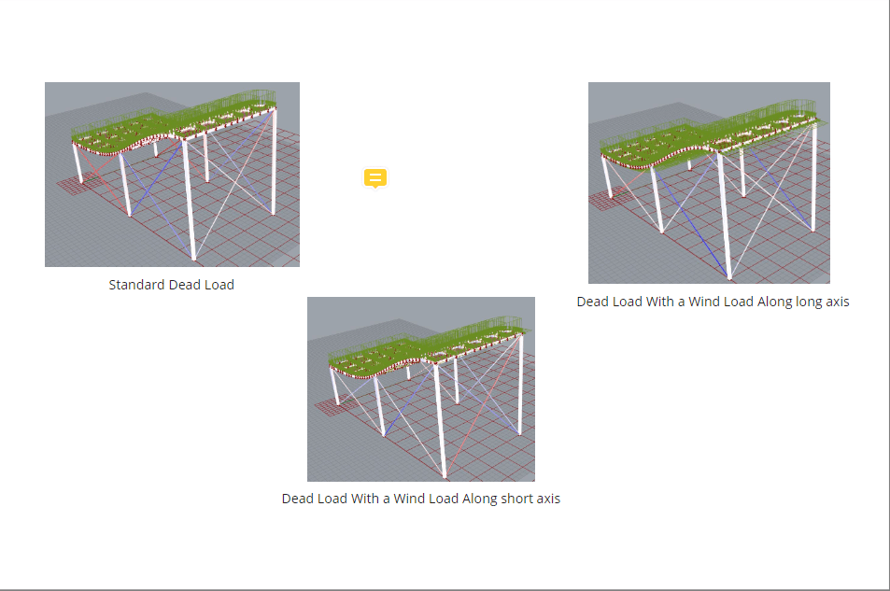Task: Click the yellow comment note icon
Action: (x=374, y=177)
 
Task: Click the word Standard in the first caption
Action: (x=136, y=285)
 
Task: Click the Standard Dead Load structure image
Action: (x=172, y=175)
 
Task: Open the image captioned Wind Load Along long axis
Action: (x=709, y=183)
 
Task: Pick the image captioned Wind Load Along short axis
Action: (x=421, y=389)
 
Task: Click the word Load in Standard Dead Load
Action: (x=219, y=285)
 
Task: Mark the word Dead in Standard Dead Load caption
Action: (x=184, y=285)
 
